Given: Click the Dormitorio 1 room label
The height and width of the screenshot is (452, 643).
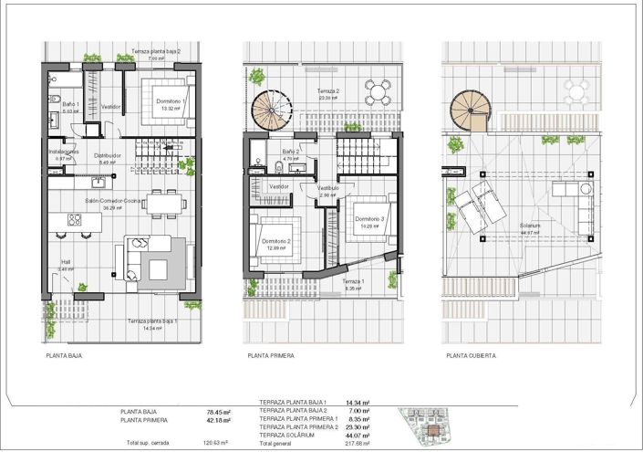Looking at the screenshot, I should pos(171,101).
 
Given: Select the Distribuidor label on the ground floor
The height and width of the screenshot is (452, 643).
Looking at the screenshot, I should pos(108,155).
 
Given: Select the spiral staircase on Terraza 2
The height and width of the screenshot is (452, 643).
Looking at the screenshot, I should pos(270,109).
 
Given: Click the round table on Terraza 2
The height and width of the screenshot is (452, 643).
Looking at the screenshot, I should pos(377,90).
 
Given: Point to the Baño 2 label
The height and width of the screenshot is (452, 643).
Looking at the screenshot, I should pos(291,152).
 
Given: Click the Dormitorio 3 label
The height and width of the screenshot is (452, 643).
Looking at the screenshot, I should pos(370,219).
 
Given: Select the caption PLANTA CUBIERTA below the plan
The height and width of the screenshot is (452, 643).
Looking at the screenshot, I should pos(471,356).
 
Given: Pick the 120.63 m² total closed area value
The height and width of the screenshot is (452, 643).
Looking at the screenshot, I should pos(216,443).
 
